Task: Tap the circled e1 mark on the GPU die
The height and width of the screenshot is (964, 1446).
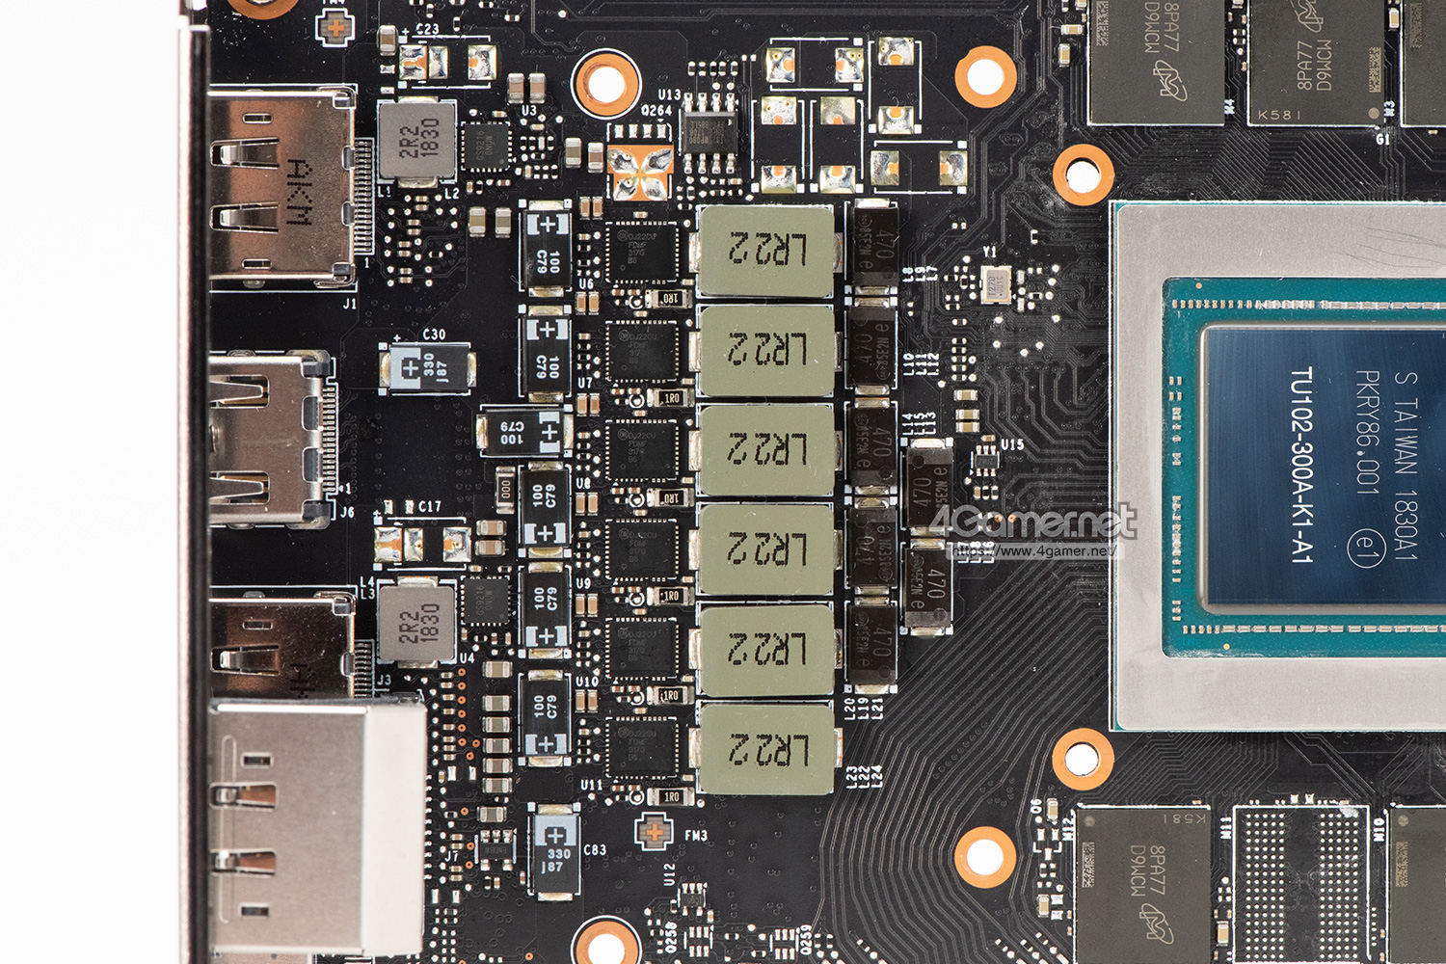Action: [1365, 548]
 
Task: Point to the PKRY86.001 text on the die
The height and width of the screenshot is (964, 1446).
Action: [1368, 432]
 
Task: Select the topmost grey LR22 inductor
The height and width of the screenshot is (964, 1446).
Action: [765, 251]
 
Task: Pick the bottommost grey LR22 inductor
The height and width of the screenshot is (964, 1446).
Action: [765, 749]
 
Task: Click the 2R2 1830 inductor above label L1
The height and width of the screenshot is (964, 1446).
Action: [416, 141]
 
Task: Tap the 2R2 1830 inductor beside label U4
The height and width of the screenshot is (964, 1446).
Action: [416, 623]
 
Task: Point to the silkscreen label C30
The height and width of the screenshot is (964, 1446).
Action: [434, 335]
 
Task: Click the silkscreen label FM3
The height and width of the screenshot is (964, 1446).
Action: [696, 836]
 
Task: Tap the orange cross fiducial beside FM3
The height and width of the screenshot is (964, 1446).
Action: [654, 831]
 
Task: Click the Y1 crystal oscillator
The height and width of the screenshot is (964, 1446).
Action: [994, 284]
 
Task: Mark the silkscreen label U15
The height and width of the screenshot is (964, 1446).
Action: [1012, 444]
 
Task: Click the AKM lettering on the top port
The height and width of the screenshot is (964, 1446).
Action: [299, 192]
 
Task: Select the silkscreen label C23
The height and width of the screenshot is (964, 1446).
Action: [427, 29]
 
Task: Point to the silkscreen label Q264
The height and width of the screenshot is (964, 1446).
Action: [656, 110]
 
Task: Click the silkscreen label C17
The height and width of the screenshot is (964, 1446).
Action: [429, 506]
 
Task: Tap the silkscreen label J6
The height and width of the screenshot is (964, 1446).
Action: [347, 512]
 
